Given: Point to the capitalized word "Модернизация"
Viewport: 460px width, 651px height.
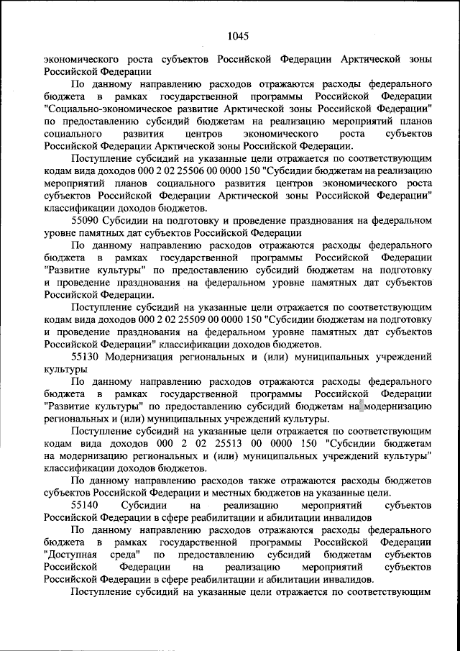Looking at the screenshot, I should coord(142,357).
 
